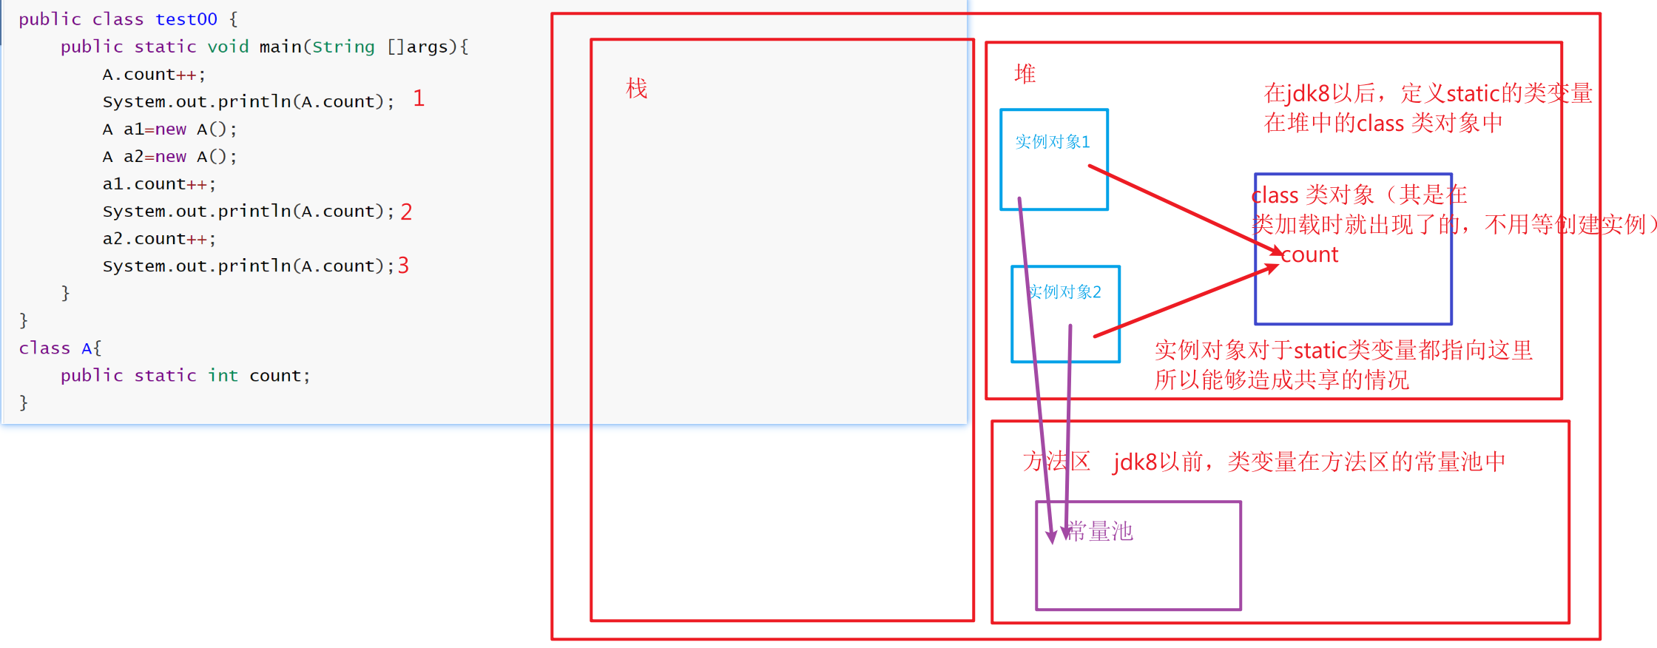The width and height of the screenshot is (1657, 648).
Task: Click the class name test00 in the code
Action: coord(186,19)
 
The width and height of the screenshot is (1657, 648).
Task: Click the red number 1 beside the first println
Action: coord(419,98)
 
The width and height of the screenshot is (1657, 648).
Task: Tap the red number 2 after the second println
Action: coord(406,212)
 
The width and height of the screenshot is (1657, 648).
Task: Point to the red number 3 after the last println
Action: coord(403,266)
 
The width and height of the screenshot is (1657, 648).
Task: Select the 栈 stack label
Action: coord(636,89)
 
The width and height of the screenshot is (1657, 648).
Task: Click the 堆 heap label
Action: coord(1025,74)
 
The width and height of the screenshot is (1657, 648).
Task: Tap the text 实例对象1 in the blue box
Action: coord(1052,142)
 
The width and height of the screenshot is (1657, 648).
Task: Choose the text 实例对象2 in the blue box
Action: coord(1065,292)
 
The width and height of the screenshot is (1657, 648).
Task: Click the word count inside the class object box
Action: coord(1309,255)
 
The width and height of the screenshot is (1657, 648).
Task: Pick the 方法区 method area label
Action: coord(1056,462)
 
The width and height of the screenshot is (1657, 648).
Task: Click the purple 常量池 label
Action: coord(1100,531)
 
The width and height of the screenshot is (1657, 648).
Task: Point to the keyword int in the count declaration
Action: coord(223,376)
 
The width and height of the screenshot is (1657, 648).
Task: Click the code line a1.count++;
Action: coord(159,184)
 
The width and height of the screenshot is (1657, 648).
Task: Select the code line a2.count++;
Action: coord(159,239)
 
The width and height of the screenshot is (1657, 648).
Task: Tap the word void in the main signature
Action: coord(228,47)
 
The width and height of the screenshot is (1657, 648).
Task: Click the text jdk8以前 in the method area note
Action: coord(1158,462)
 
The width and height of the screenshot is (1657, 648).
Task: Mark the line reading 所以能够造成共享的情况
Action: coord(1281,380)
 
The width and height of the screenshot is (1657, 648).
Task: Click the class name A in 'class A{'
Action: coord(87,348)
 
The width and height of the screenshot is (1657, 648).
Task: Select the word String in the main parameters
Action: coord(343,47)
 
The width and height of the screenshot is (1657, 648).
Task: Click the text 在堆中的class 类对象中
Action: coord(1383,123)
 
